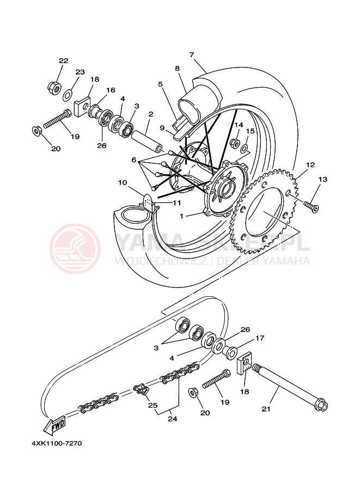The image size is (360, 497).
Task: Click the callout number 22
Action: tap(64, 60)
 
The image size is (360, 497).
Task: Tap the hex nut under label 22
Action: tap(53, 87)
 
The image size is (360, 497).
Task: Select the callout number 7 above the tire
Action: tap(192, 54)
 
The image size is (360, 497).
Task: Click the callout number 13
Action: tap(323, 179)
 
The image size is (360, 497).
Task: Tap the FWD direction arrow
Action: tap(55, 426)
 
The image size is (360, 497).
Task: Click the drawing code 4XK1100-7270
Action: tap(57, 443)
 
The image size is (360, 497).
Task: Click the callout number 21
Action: tap(266, 408)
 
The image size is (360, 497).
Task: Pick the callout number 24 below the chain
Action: tap(173, 419)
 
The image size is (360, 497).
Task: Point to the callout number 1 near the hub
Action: tap(182, 216)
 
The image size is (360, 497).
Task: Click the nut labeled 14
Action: tap(235, 143)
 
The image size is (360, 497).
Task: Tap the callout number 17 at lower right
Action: tap(259, 338)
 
